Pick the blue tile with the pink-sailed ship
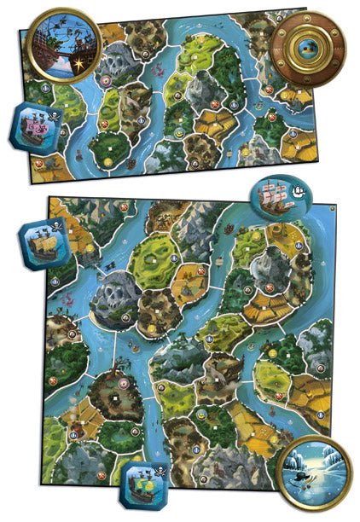(35, 125)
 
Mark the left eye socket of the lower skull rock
(108, 295)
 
